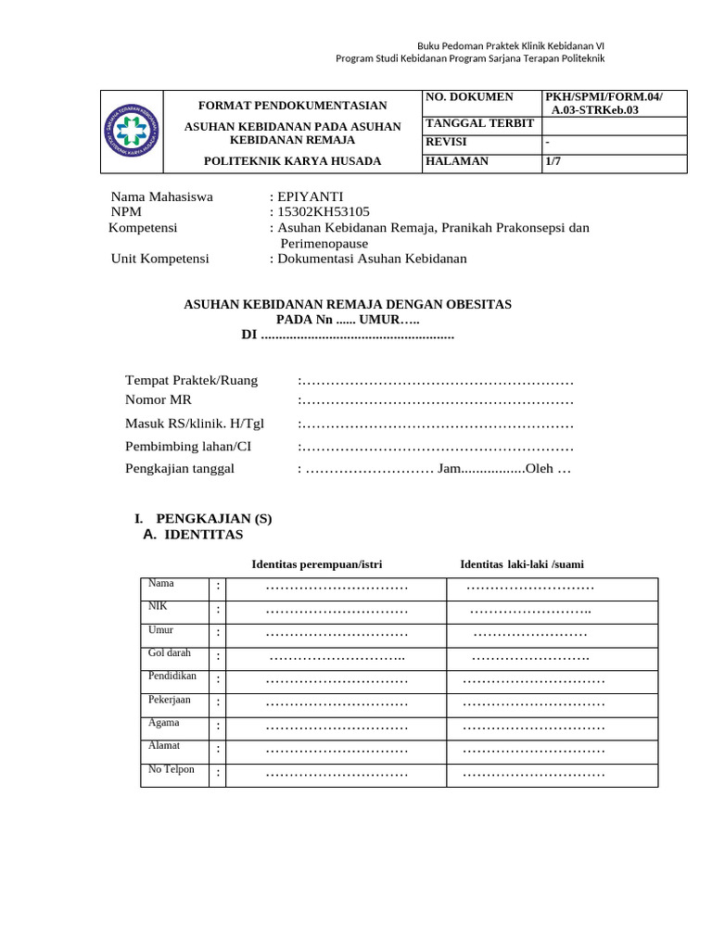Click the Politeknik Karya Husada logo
coord(131,132)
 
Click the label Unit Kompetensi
coord(159,259)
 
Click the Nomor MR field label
coord(160,400)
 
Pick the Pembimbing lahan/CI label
coord(188,446)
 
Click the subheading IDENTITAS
coord(203,535)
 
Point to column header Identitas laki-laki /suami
coord(522,564)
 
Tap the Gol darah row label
coord(169,652)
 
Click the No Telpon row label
coord(171,769)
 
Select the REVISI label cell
coord(446,142)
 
